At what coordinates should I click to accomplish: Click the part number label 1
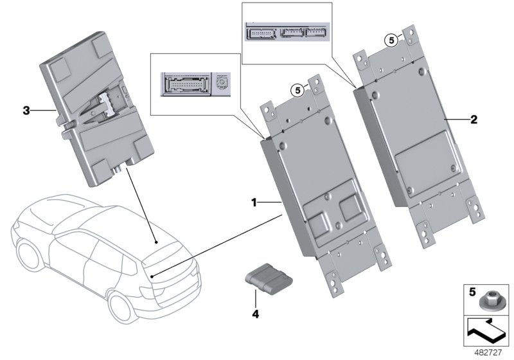pyautogui.click(x=254, y=202)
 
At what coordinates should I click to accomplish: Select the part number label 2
pyautogui.click(x=474, y=119)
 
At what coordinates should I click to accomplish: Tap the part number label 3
pyautogui.click(x=26, y=111)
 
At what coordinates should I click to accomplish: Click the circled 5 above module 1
pyautogui.click(x=297, y=91)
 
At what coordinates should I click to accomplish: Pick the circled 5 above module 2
pyautogui.click(x=390, y=40)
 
